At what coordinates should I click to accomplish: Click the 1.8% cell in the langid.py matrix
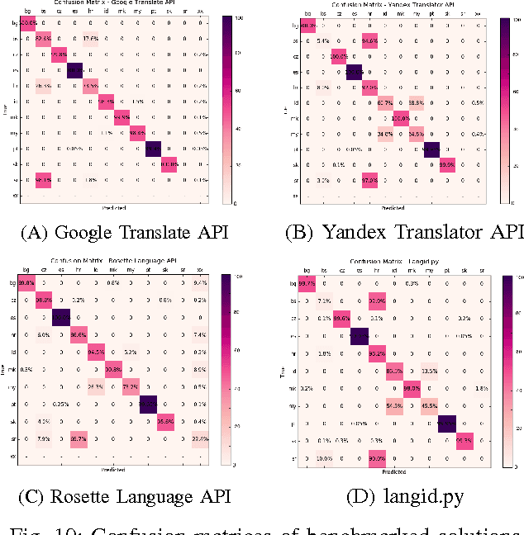click(484, 387)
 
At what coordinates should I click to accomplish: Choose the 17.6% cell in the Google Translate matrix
click(89, 38)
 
